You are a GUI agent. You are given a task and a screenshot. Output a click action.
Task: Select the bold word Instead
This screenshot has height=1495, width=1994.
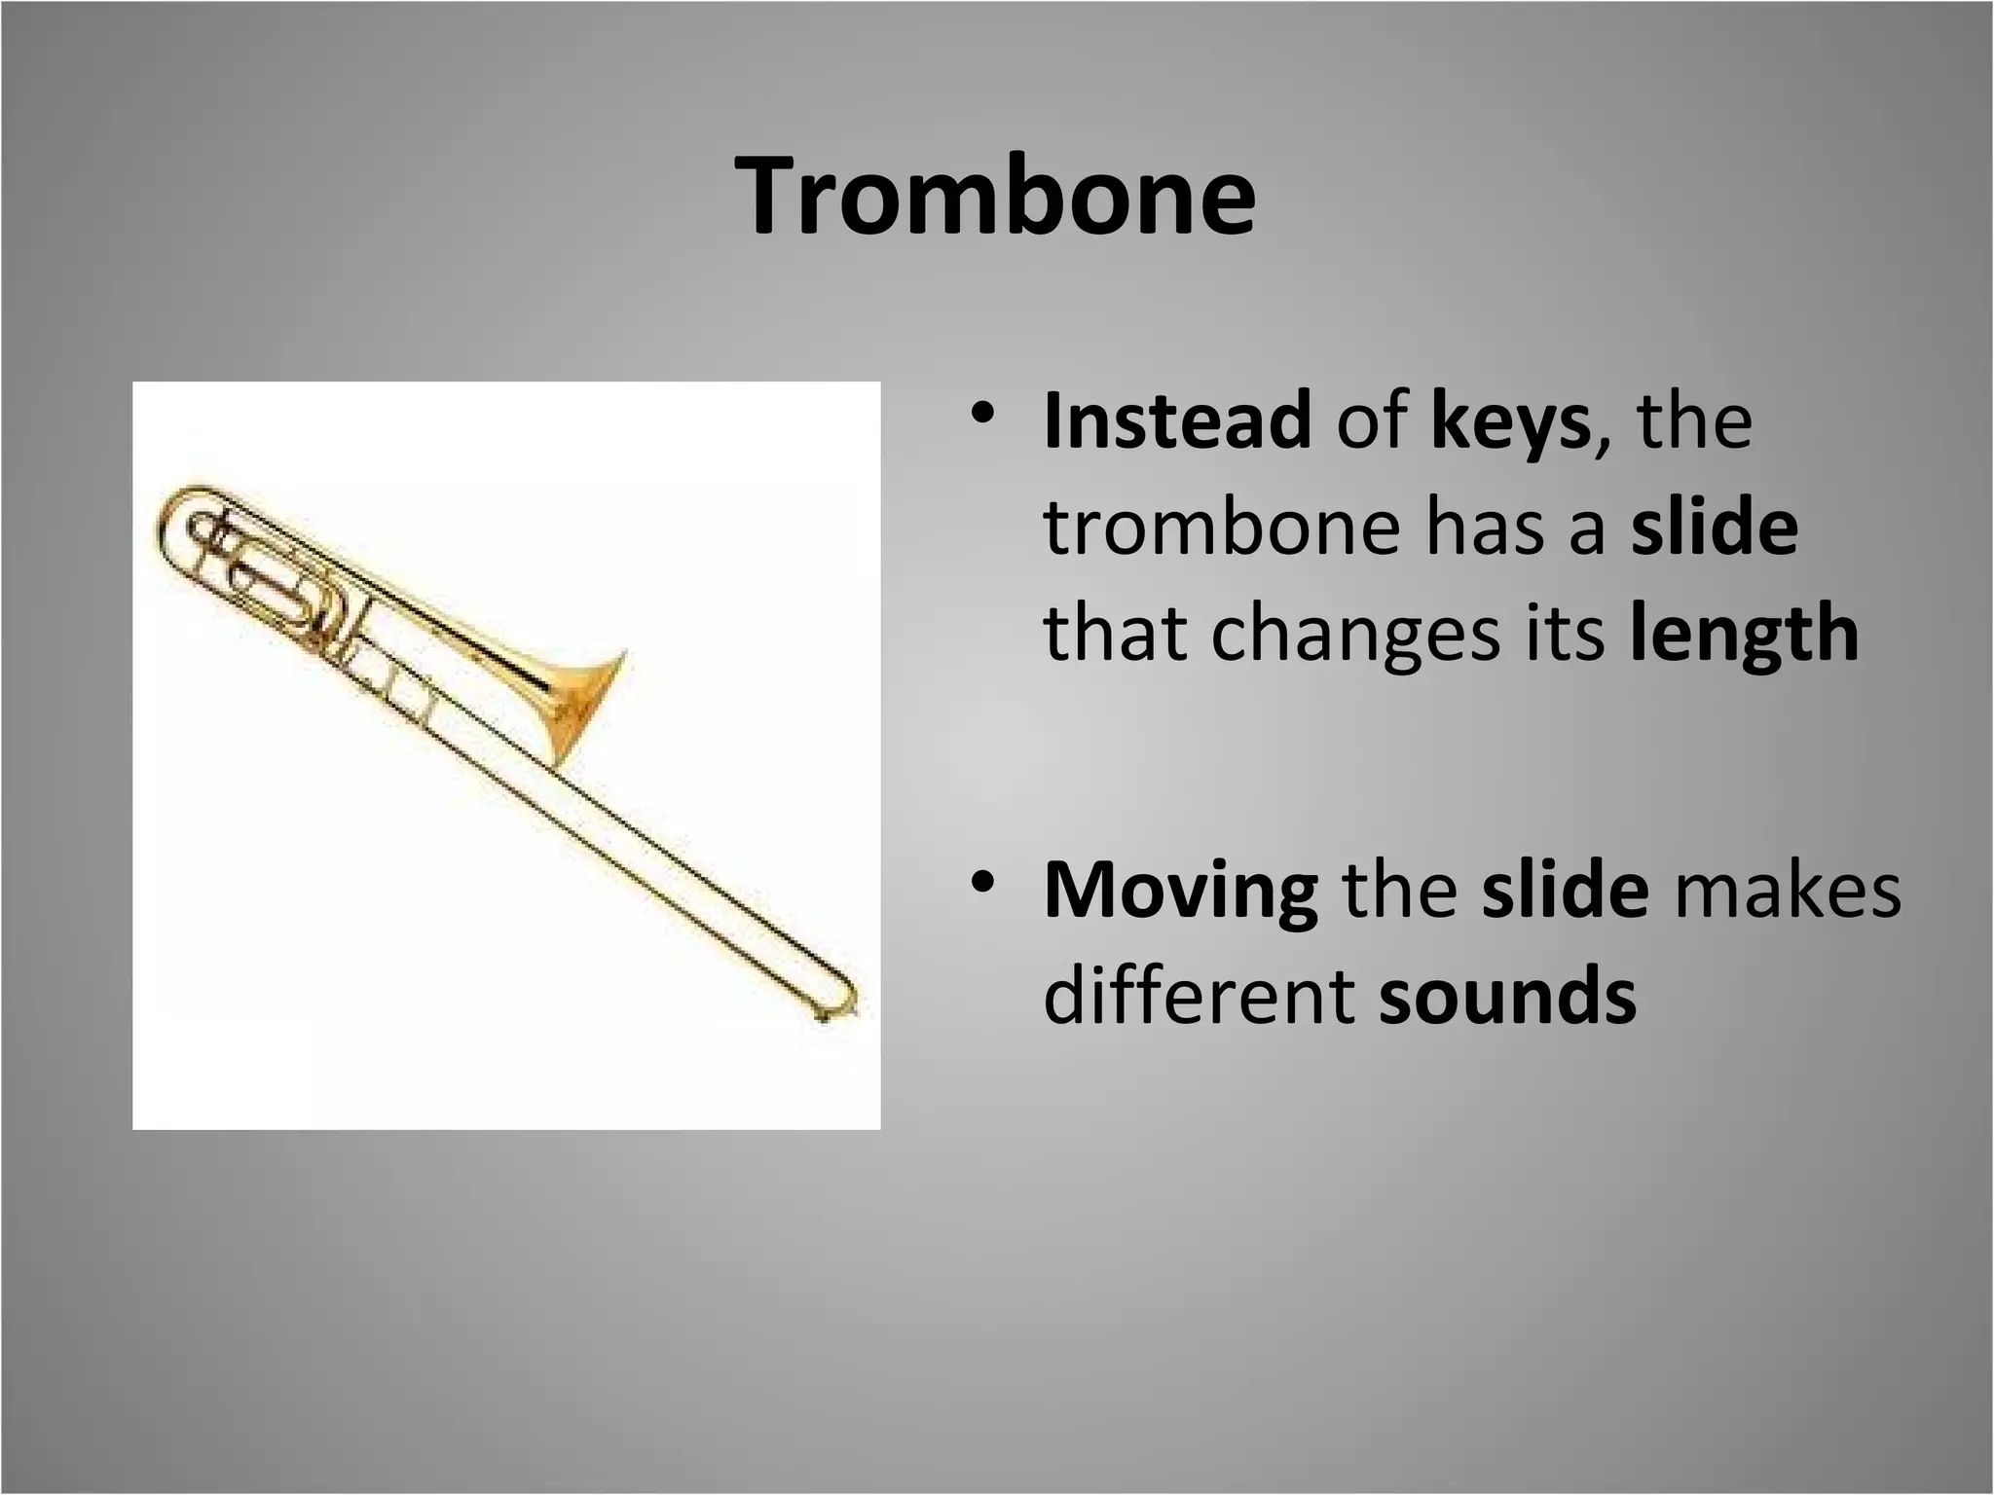click(x=1176, y=421)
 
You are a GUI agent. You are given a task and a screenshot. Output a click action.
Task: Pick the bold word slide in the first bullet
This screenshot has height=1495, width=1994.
click(x=1715, y=528)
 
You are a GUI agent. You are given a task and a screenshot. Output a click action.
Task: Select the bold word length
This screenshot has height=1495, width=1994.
click(x=1743, y=635)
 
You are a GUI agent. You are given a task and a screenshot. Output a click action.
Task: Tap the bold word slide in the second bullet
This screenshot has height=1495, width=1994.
click(x=1566, y=890)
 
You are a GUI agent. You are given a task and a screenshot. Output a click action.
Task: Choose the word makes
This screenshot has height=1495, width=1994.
click(x=1788, y=890)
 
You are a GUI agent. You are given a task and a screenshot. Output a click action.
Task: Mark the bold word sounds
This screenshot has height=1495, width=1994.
click(x=1508, y=997)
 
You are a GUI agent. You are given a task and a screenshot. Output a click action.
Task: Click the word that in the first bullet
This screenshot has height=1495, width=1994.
click(x=1115, y=635)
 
